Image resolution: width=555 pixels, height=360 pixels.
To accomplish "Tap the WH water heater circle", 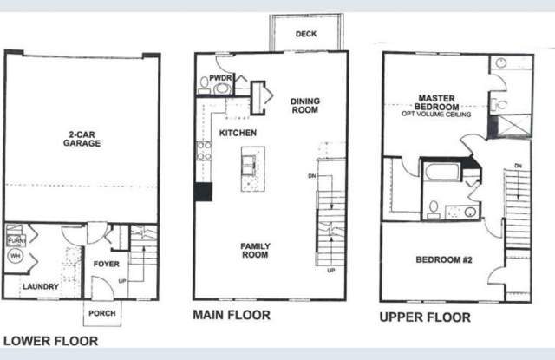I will point(15,257).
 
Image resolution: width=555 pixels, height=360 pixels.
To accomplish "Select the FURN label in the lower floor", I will point(14,239).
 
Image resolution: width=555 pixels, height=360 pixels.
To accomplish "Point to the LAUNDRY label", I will point(41,286).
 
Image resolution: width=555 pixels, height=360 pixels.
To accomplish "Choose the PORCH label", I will point(103,313).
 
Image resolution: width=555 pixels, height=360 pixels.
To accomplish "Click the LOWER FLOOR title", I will point(50,341).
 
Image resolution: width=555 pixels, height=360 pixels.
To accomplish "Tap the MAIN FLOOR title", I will point(231,316).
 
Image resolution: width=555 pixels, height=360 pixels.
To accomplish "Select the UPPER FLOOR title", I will point(425,317).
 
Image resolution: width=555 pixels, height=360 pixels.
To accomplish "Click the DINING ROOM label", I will point(304,106).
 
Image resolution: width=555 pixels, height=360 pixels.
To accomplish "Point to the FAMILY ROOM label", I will point(256,252).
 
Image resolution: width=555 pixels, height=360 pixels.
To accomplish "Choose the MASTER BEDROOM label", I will point(437,103).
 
